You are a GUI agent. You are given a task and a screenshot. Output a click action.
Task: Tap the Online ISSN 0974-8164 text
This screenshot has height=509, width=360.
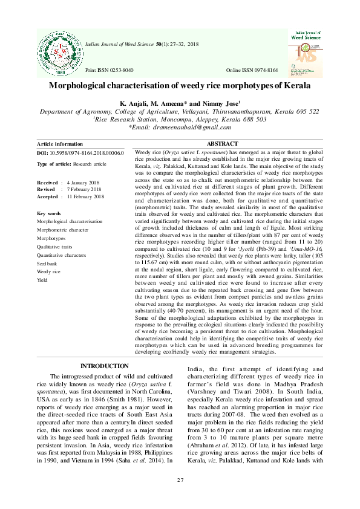[252, 71]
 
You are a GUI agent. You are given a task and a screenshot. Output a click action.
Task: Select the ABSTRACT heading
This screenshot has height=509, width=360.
[222, 144]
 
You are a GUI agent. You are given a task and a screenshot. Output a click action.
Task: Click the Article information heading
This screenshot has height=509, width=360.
[60, 144]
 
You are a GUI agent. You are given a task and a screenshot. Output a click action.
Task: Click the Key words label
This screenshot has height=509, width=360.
[49, 214]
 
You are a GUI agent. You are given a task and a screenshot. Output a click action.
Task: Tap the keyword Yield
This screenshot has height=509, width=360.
[43, 280]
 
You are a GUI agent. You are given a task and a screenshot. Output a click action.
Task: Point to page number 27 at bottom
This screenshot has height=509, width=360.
[180, 480]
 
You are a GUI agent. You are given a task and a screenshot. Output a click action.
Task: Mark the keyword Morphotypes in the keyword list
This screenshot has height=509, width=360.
[51, 239]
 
